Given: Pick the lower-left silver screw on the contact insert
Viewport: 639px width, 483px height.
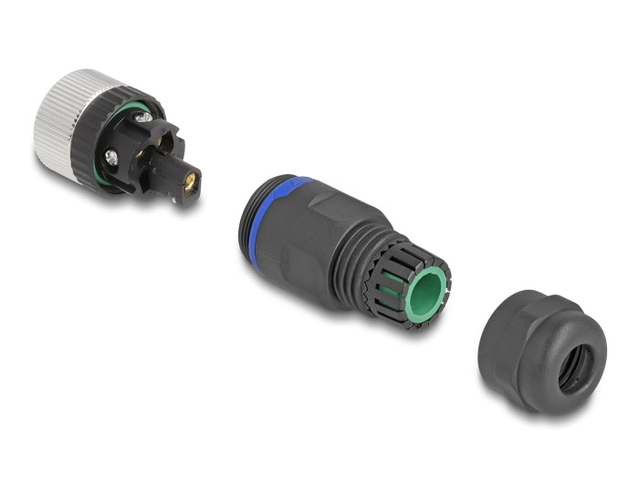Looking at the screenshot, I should coord(110,158).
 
